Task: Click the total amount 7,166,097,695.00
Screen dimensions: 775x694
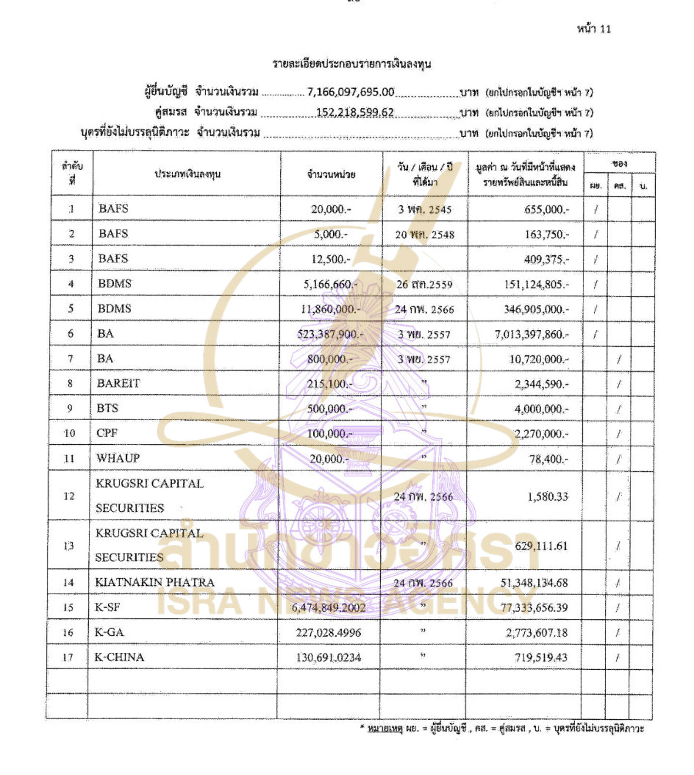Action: pos(351,92)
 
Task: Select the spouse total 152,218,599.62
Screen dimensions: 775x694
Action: pos(355,113)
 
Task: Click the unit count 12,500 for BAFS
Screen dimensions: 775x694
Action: pos(330,259)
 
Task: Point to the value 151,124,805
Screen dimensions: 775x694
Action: pos(536,284)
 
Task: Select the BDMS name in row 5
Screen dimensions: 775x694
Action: pos(114,308)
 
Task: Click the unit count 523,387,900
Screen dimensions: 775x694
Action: pos(330,334)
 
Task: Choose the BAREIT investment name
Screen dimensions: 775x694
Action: pos(118,383)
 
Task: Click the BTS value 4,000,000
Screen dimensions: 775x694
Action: pos(541,409)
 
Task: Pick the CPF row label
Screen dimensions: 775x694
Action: pos(107,433)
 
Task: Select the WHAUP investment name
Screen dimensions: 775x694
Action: pos(118,458)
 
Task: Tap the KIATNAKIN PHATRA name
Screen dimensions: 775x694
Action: pos(155,582)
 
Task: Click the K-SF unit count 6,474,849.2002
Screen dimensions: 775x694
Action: pos(329,608)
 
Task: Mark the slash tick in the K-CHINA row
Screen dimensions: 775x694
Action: pos(617,658)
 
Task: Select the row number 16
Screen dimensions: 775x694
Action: pos(68,632)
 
